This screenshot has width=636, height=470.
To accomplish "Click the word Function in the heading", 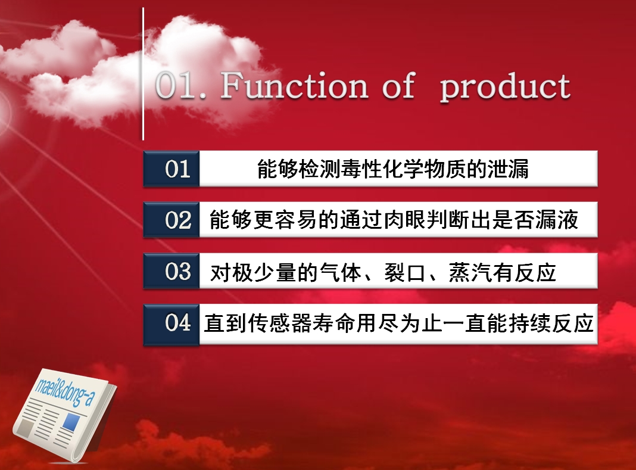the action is [294, 85].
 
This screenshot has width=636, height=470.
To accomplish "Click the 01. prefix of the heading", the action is [180, 86].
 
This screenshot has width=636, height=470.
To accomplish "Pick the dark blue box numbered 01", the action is [172, 169].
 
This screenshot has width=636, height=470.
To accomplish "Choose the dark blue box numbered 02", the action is [172, 220].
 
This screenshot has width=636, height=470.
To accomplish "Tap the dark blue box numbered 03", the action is [172, 270].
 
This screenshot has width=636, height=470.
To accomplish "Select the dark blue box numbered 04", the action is [172, 324].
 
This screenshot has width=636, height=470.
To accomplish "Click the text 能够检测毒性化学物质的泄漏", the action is [392, 169].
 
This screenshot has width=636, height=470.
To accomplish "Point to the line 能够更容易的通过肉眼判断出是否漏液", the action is [394, 220].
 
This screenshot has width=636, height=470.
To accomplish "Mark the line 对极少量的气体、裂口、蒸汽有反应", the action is [383, 272].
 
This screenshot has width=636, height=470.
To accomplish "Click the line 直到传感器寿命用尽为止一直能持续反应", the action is [399, 323].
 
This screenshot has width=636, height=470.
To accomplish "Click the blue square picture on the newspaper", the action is [71, 421].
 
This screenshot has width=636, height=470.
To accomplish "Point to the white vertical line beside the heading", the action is [143, 74].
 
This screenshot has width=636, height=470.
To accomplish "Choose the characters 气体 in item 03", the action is [341, 272].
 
